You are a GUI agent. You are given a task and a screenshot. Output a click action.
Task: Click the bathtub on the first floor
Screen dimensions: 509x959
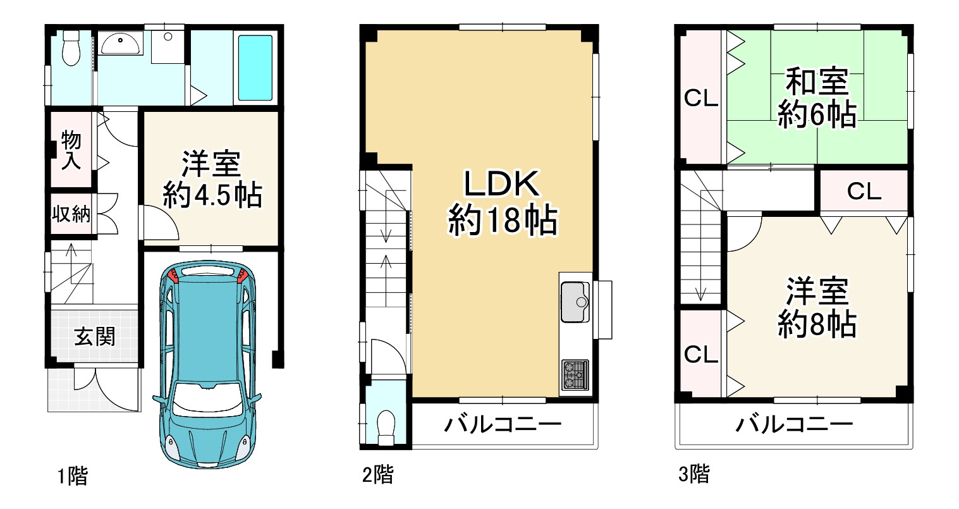[x=254, y=68]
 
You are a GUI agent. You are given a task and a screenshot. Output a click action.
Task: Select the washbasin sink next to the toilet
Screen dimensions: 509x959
[x=120, y=44]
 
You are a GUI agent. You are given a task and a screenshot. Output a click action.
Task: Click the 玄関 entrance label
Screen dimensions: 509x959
[x=95, y=336]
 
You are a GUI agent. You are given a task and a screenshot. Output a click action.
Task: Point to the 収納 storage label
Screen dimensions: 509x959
[x=71, y=214]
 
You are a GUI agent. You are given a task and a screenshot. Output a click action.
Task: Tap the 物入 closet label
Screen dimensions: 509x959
[x=71, y=150]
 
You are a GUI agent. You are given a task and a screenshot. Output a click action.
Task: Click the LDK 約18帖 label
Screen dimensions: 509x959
[x=502, y=202]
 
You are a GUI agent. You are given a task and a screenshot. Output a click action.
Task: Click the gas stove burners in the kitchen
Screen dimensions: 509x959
[x=574, y=374]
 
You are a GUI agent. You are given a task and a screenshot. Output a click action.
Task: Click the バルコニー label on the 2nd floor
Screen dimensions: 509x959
[x=502, y=424]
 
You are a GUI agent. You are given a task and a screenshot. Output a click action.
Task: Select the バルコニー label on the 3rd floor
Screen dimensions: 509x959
[x=794, y=424]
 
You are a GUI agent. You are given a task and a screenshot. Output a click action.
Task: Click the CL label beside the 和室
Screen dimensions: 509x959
[x=701, y=99]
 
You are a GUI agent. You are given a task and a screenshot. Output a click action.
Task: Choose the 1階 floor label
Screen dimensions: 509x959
[x=73, y=475]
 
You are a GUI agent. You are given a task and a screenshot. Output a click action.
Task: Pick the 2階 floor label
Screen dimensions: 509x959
[x=377, y=474]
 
